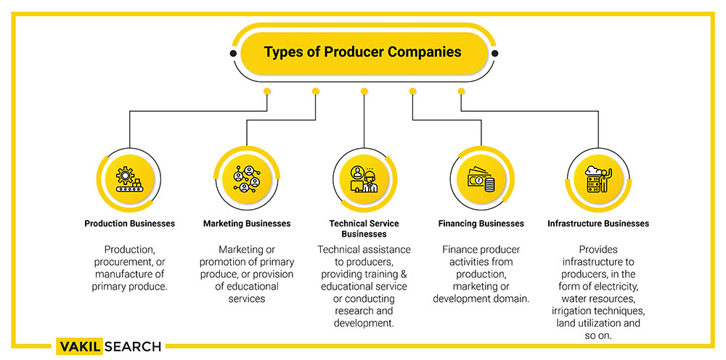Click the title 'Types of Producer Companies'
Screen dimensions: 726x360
(x=362, y=52)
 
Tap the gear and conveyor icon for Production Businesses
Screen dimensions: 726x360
(x=129, y=179)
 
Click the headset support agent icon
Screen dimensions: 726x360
(x=364, y=179)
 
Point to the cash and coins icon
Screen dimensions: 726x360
(x=481, y=179)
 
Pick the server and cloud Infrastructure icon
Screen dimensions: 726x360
(x=599, y=179)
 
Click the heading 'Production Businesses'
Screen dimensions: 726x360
(x=130, y=224)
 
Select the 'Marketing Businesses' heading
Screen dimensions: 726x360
(x=247, y=224)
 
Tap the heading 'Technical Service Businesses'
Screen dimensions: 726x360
(x=364, y=229)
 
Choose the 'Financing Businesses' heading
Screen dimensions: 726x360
(x=481, y=224)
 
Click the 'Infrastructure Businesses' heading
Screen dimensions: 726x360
(x=598, y=224)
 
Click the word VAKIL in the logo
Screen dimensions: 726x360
(x=80, y=347)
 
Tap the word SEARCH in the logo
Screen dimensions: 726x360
(x=133, y=347)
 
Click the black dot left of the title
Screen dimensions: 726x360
(x=233, y=54)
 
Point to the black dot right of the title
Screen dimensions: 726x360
(x=494, y=54)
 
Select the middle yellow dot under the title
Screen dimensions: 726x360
(x=364, y=91)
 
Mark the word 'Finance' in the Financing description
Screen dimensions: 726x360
(x=460, y=250)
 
